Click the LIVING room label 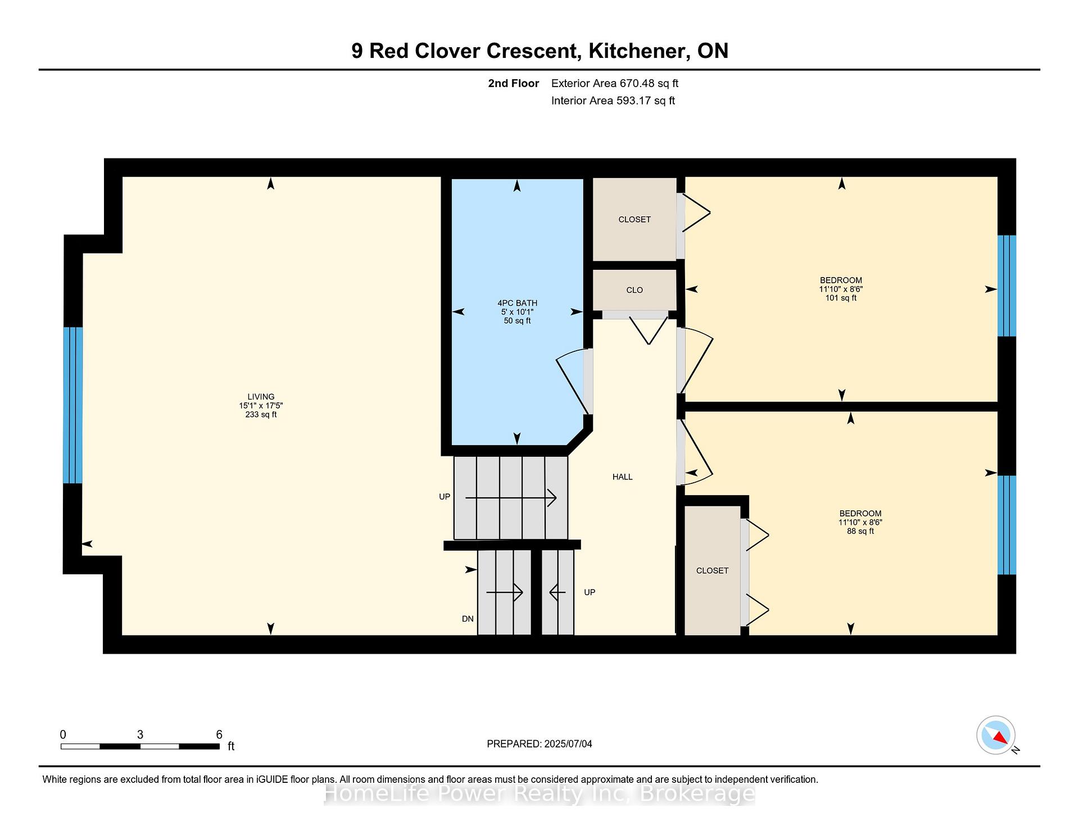point(261,397)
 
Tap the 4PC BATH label point(517,303)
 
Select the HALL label point(623,477)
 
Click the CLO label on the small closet point(634,290)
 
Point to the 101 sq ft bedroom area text point(841,298)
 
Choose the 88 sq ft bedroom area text point(860,531)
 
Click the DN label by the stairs point(468,619)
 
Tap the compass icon point(996,735)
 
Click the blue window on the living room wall point(72,405)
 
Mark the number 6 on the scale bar point(219,735)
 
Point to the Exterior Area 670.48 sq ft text point(615,83)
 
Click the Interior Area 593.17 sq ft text point(613,101)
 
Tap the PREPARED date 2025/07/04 point(568,744)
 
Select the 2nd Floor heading point(514,83)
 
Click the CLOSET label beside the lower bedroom point(712,570)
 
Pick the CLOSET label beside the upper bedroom point(634,219)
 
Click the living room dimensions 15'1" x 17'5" point(261,406)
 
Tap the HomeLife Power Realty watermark point(539,794)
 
